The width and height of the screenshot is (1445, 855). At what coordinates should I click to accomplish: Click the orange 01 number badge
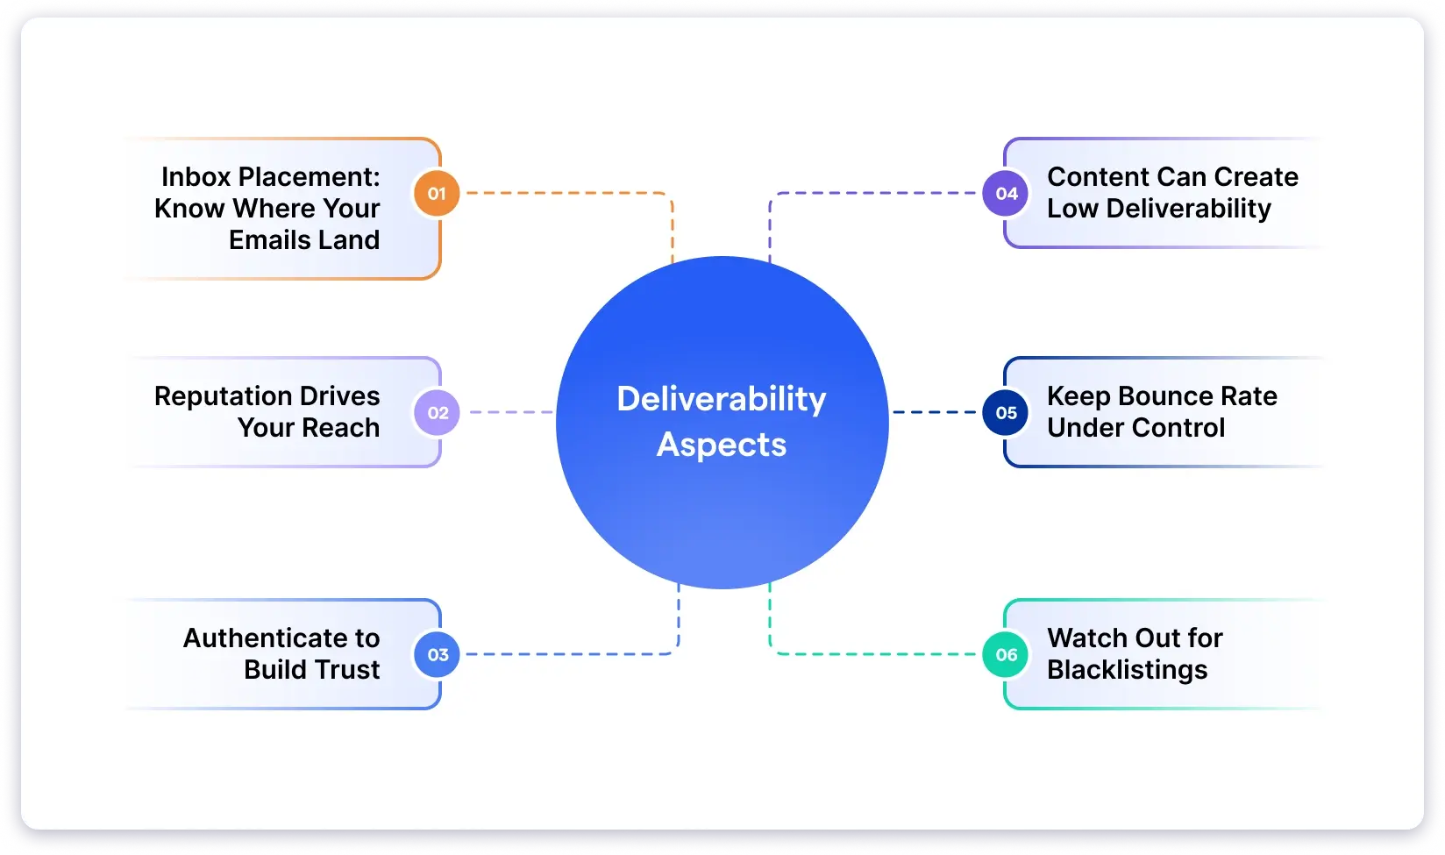(x=437, y=193)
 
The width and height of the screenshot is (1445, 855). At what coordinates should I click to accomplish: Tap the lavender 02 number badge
(x=437, y=412)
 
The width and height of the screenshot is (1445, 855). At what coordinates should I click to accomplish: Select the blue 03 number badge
(x=437, y=654)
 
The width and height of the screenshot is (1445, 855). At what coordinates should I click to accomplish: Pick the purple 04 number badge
(x=1006, y=193)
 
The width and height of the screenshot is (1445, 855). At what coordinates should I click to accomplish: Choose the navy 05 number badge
(x=1006, y=412)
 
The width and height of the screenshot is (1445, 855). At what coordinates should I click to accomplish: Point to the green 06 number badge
(x=1006, y=654)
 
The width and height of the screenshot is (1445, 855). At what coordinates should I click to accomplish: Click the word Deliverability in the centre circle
(x=722, y=400)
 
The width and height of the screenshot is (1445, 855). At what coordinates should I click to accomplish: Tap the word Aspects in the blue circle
(x=722, y=445)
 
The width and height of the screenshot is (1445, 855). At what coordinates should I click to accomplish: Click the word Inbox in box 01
(x=196, y=177)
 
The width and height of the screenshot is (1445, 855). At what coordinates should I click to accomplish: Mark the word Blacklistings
(x=1127, y=670)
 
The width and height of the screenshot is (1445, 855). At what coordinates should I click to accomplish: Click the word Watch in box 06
(x=1086, y=638)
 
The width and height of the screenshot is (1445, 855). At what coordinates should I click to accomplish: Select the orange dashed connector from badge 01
(x=570, y=193)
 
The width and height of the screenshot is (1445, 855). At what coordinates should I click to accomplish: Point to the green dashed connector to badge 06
(x=877, y=654)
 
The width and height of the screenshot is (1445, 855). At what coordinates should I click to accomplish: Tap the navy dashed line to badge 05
(x=934, y=412)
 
